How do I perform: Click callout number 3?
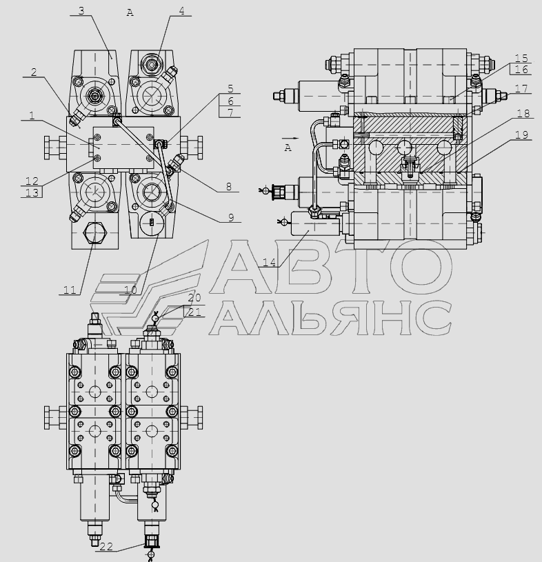click(81, 11)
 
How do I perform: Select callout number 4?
click(182, 11)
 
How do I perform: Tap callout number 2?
click(34, 72)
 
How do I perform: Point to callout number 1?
click(32, 115)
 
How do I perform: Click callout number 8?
click(229, 186)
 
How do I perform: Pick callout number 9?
click(231, 218)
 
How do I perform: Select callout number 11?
click(70, 290)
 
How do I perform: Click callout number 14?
click(269, 262)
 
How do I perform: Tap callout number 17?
click(521, 88)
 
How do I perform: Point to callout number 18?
click(523, 113)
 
